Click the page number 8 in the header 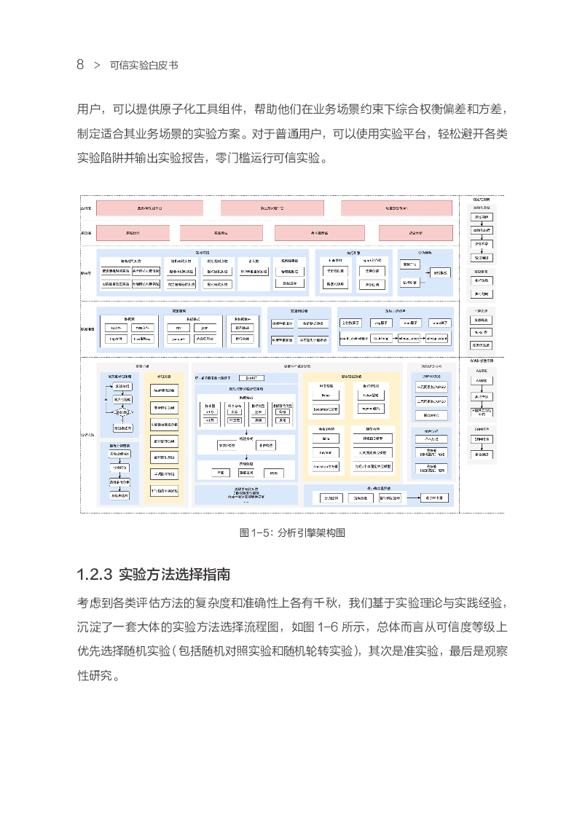coord(80,65)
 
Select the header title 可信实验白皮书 coord(144,66)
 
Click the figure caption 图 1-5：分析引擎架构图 coord(292,532)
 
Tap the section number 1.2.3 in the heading coord(94,575)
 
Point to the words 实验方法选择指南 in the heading coord(174,575)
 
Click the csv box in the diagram coord(178,328)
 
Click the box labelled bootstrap coord(326,409)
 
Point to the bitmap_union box coord(409,339)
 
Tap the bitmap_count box coord(439,339)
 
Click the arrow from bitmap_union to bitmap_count coord(424,339)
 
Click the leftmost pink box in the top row coord(149,208)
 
